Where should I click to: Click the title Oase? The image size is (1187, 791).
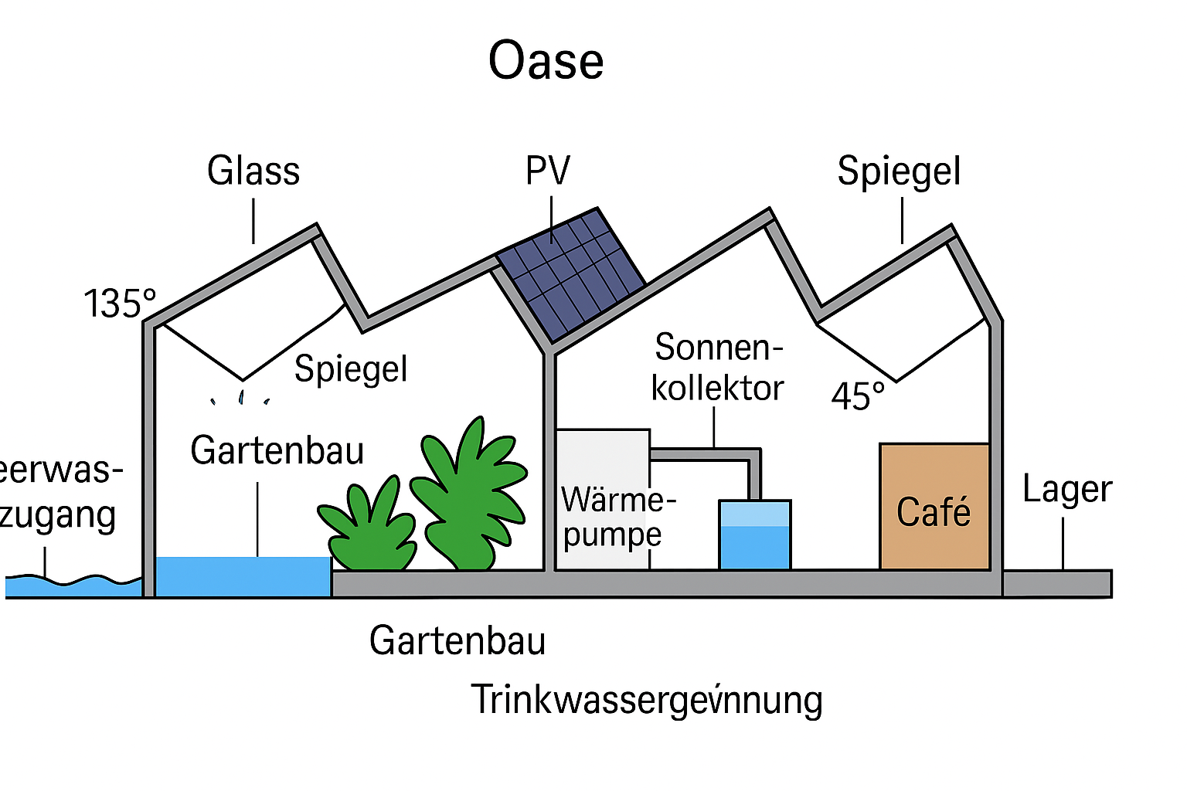tap(546, 61)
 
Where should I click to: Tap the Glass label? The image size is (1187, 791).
tap(253, 171)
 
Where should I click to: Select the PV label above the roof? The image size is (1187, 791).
tap(548, 171)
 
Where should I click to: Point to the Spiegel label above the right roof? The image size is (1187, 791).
tap(899, 171)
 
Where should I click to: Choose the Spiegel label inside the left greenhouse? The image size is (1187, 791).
tap(351, 368)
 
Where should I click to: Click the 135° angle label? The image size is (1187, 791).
tap(120, 303)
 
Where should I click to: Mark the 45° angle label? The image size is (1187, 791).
tap(858, 396)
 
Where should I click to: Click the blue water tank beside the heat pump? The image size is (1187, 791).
tap(754, 535)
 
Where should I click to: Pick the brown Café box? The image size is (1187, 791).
tap(934, 508)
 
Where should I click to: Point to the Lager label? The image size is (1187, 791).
tap(1066, 489)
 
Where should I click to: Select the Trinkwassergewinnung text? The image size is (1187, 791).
tap(647, 700)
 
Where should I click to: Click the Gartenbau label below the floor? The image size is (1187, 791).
tap(457, 641)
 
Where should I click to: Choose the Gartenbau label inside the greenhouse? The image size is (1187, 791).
tap(277, 450)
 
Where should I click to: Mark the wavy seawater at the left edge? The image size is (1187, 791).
tap(70, 586)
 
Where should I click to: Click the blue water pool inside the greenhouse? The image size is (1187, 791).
tap(243, 576)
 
